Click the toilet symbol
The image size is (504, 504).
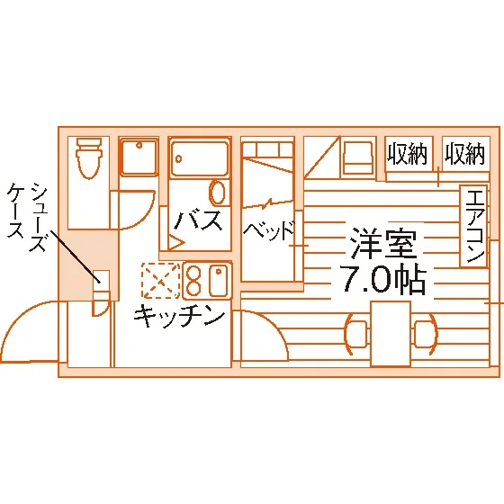pos(89,157)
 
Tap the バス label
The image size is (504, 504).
pos(198,220)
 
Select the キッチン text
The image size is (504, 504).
pos(179,316)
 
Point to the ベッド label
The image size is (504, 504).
pos(269,230)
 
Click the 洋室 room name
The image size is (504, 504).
pos(384,244)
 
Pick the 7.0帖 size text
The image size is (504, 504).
pos(384,280)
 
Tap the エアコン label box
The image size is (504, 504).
pos(473,226)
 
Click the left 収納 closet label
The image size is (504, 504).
pos(407,154)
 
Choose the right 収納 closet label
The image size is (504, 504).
pos(464,154)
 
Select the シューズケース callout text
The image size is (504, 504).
pos(27,216)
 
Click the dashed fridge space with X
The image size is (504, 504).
pos(160,280)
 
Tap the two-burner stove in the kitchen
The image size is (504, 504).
pos(193,280)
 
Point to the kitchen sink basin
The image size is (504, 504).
pos(219,281)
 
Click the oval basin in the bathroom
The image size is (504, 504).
pos(217,193)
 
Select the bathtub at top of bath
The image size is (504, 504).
pos(199,157)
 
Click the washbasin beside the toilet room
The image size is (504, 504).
pos(139,157)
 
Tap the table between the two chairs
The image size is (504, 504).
pos(391,334)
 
